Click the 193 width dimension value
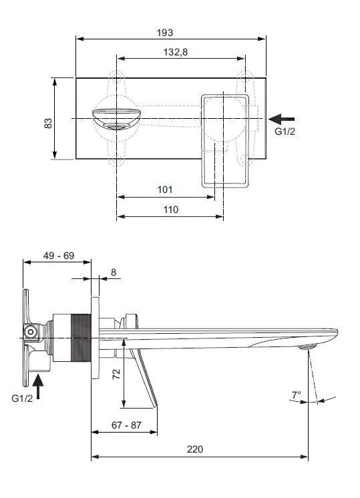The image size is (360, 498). click(x=165, y=32)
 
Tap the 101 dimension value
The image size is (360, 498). click(x=165, y=190)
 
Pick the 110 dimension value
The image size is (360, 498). click(x=170, y=209)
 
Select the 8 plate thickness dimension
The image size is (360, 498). click(x=113, y=272)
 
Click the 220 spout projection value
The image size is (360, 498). click(x=194, y=449)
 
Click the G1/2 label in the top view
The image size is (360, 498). click(x=284, y=132)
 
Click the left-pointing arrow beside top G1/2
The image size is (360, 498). click(x=281, y=118)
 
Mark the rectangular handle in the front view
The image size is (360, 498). click(x=226, y=140)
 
